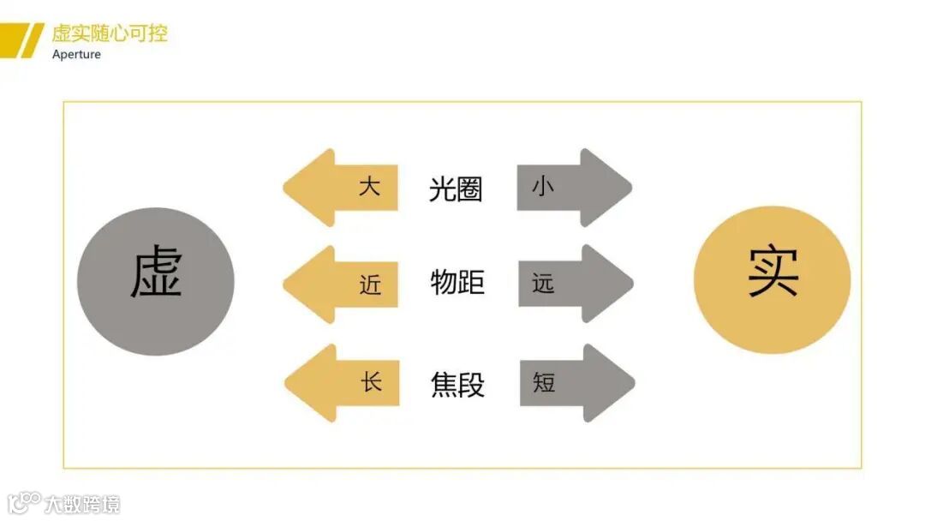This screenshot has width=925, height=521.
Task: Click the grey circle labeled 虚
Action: pos(155,281)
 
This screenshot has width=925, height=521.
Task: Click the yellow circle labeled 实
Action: pos(772,279)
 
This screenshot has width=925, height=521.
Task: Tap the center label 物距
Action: pos(457,282)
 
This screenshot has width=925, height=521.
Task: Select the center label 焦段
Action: pos(457,385)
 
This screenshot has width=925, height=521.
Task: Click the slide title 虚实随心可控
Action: pos(110,33)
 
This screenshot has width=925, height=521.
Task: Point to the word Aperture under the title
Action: pos(76,55)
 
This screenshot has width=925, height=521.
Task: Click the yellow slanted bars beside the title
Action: pos(21,39)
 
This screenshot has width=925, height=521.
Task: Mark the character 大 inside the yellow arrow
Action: pos(369,186)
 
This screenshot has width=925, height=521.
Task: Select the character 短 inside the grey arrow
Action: pos(544,381)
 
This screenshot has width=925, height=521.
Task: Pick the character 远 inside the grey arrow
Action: pos(543,284)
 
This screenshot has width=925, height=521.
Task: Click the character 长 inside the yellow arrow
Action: pos(371,381)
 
